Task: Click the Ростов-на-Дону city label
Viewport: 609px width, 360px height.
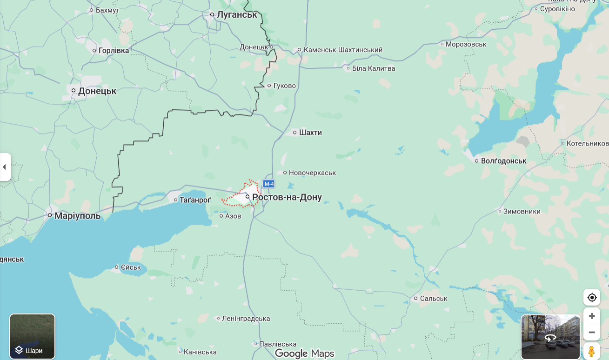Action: [287, 197]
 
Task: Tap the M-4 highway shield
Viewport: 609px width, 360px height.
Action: [269, 184]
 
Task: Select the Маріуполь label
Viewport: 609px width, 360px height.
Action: [77, 216]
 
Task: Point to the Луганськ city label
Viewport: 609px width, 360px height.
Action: [237, 15]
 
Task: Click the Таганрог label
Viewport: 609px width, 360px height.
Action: [195, 200]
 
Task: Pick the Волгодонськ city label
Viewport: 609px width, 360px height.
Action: [503, 161]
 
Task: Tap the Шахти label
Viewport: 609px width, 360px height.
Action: [310, 133]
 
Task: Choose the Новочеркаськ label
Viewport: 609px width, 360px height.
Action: [312, 173]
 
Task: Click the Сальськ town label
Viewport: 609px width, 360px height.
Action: [433, 299]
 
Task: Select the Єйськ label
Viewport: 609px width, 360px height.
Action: [131, 267]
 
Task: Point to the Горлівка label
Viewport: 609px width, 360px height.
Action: [114, 50]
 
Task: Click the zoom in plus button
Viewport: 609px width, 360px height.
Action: [592, 316]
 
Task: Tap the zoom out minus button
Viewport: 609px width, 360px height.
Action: [592, 333]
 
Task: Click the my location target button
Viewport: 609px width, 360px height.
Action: [592, 298]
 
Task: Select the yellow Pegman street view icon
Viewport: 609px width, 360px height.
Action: [592, 351]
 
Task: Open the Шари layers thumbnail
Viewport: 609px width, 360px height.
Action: [33, 336]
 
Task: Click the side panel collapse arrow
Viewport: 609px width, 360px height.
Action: [5, 167]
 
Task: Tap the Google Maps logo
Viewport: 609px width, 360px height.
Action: [304, 353]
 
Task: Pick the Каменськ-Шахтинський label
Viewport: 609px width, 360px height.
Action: [343, 50]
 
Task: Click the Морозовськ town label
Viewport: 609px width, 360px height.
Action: [466, 44]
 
